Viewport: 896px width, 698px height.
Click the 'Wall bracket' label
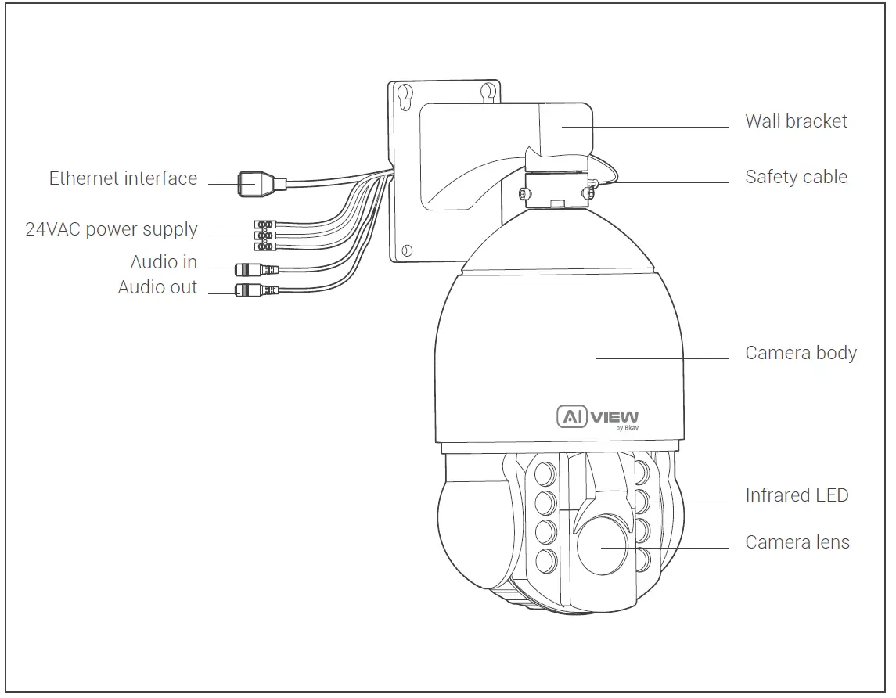coord(796,121)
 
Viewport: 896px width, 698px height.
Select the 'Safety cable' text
coord(796,177)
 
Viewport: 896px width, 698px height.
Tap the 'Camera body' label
coord(801,353)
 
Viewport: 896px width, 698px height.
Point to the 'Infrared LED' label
coord(797,495)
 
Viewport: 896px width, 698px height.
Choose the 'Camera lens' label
coord(797,542)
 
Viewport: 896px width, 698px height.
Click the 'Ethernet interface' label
coord(123,178)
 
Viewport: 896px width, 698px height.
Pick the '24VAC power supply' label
coord(111,230)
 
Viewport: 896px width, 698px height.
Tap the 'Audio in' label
coord(164,262)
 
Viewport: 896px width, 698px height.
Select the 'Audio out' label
coord(157,287)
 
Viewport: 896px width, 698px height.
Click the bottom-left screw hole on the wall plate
coord(406,252)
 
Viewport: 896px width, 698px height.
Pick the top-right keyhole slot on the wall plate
coord(488,92)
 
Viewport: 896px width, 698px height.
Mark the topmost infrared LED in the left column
coord(545,473)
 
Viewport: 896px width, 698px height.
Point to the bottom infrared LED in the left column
coord(545,559)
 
